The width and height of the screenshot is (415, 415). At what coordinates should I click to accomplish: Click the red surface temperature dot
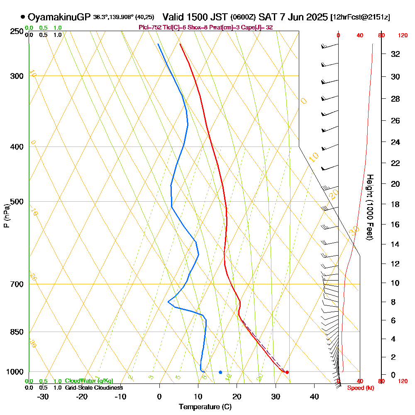click(x=287, y=372)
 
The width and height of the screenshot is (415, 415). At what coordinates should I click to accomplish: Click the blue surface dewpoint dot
click(x=220, y=372)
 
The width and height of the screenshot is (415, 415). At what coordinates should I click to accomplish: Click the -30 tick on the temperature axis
click(x=43, y=396)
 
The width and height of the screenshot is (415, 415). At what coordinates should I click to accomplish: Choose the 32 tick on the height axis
click(x=395, y=54)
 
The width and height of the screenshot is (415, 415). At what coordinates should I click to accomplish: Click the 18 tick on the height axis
click(x=395, y=204)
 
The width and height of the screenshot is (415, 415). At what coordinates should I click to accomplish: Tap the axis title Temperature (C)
click(x=205, y=407)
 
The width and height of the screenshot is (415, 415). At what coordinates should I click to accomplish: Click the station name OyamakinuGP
click(x=59, y=17)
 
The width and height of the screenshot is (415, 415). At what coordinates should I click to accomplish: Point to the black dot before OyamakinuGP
click(x=22, y=17)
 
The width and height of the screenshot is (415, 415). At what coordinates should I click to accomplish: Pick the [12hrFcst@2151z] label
click(x=360, y=18)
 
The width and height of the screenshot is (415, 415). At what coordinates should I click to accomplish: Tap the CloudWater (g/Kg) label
click(x=89, y=381)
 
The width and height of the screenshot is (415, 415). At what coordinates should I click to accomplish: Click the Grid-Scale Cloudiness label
click(x=94, y=388)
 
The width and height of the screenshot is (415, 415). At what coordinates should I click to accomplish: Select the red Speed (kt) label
click(x=359, y=388)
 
